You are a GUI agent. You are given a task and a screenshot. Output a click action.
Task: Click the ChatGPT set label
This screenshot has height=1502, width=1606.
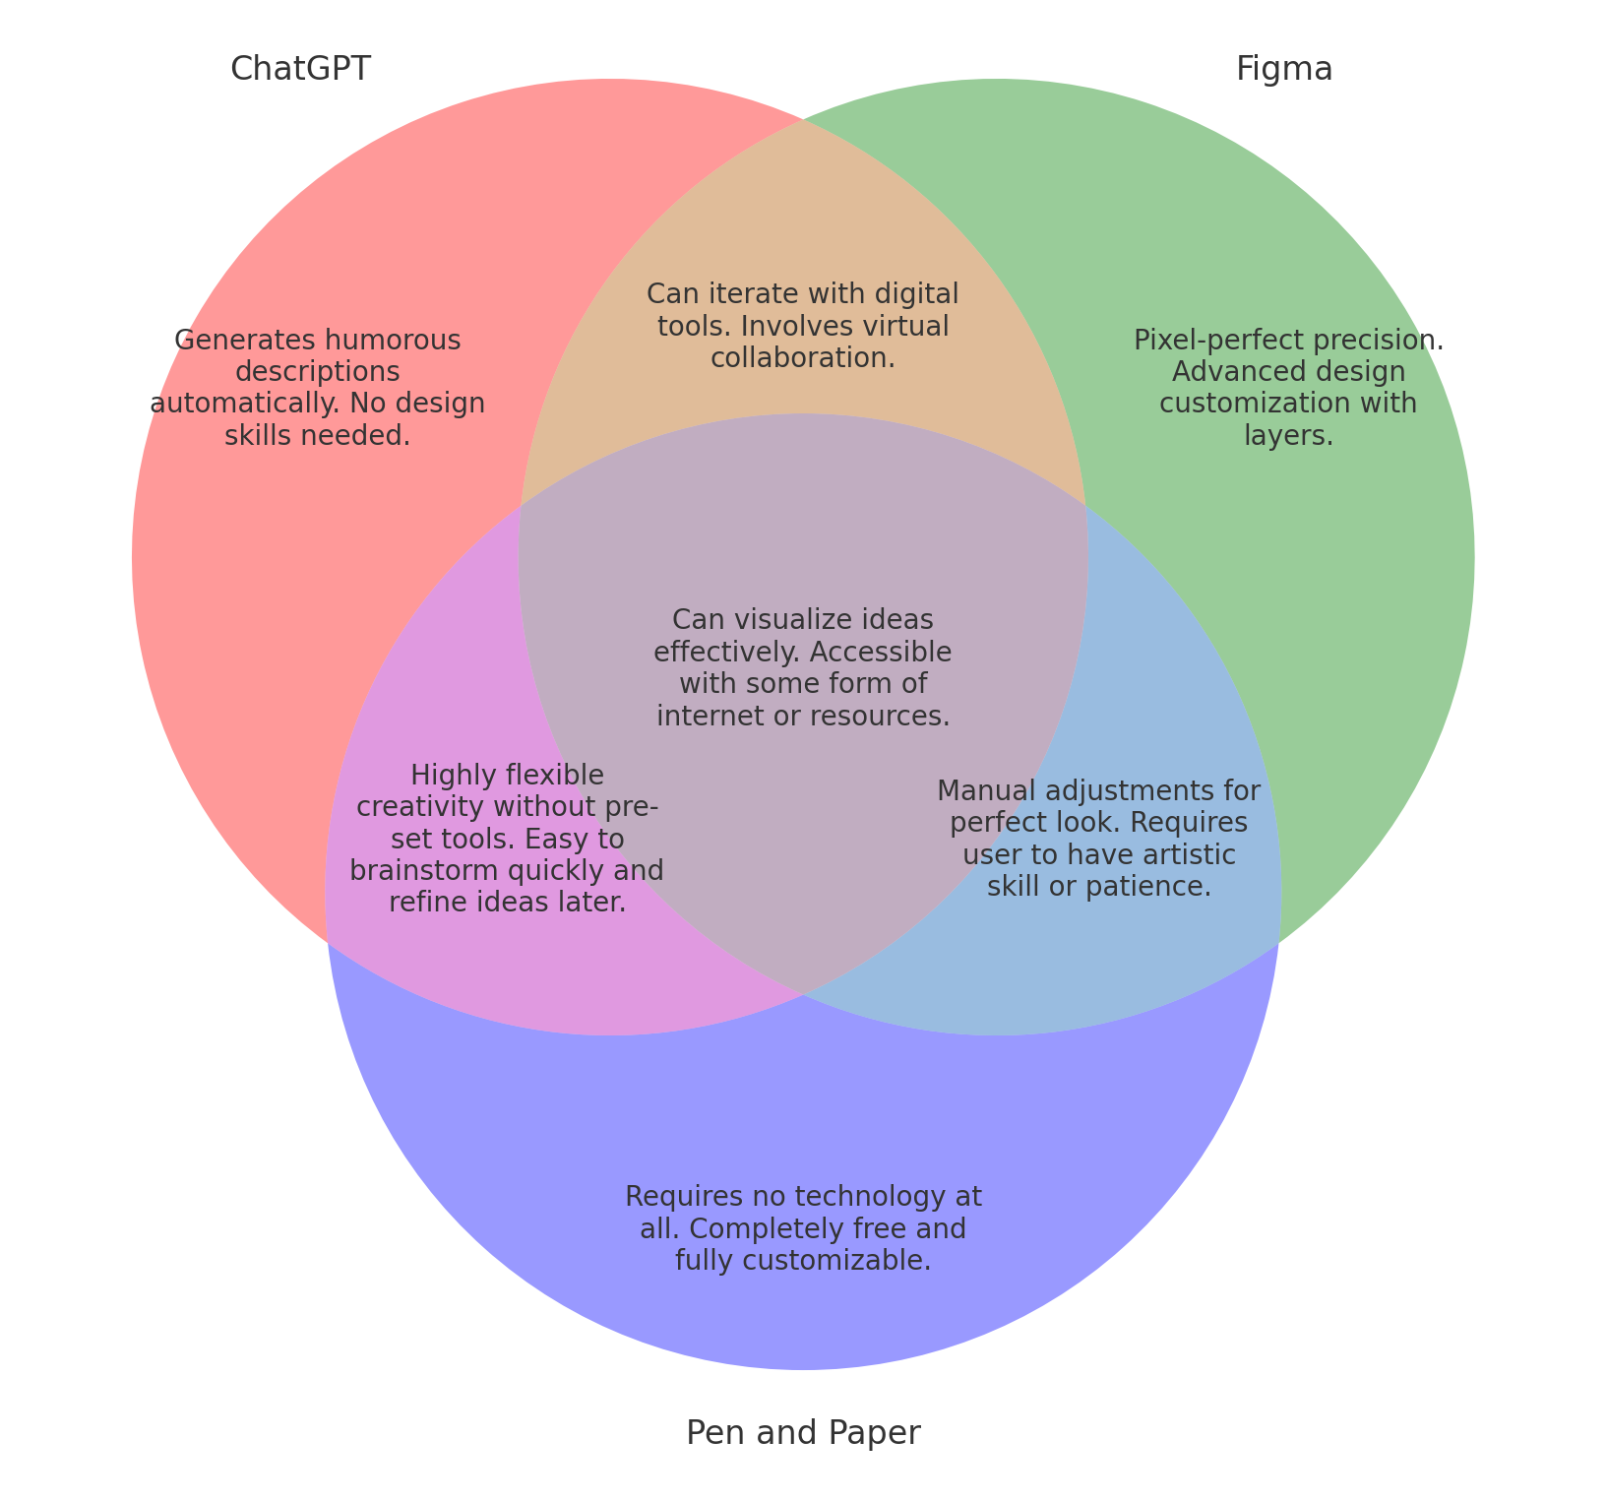300,69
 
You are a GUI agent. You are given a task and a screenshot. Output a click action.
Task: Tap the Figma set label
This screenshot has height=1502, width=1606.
1284,69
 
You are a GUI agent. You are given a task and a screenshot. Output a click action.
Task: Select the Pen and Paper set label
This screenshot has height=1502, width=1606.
803,1433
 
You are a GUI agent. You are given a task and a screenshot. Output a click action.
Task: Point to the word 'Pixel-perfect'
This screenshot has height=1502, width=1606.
1202,341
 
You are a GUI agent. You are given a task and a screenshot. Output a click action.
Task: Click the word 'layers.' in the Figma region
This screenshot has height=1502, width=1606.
1288,435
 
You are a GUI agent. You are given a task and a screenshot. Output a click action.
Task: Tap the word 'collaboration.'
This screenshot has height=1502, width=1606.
803,358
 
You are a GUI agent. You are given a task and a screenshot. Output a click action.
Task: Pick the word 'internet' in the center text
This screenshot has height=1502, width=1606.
703,716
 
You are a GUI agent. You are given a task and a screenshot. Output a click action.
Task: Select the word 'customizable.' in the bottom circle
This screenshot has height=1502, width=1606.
851,1261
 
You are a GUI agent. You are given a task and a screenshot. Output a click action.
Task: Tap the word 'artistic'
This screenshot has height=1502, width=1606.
1187,854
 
